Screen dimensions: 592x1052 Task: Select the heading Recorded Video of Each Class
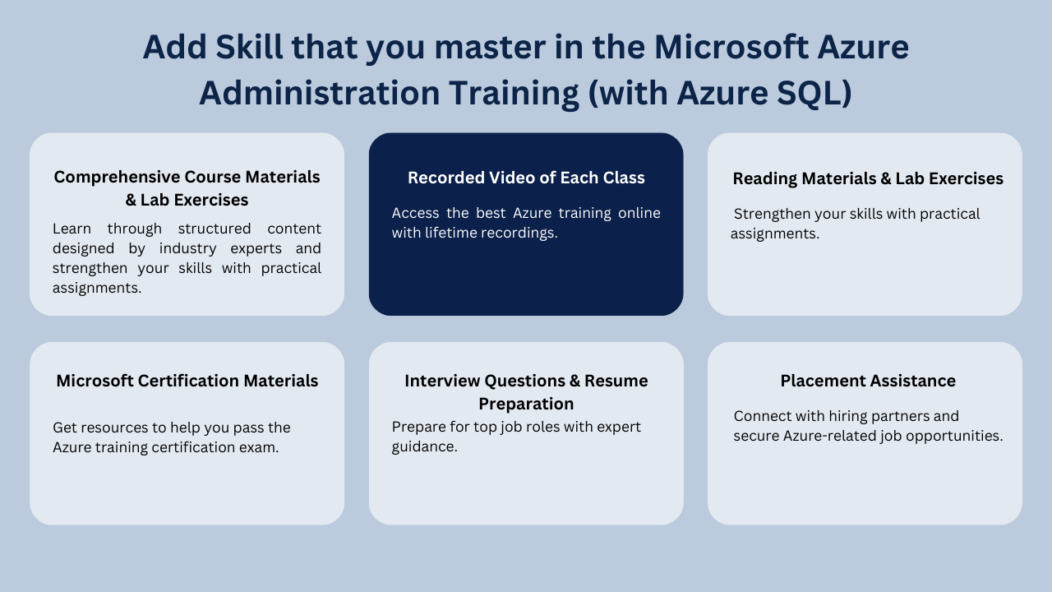(x=526, y=178)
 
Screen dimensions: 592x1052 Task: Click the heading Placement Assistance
(x=867, y=381)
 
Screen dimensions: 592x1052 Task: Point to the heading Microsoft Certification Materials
(x=187, y=381)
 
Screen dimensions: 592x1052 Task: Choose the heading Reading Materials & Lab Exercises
(x=867, y=178)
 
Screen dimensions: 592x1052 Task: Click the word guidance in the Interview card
(x=422, y=446)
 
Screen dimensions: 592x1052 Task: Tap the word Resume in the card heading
(x=616, y=381)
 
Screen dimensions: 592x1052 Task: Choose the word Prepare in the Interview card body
(x=418, y=427)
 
